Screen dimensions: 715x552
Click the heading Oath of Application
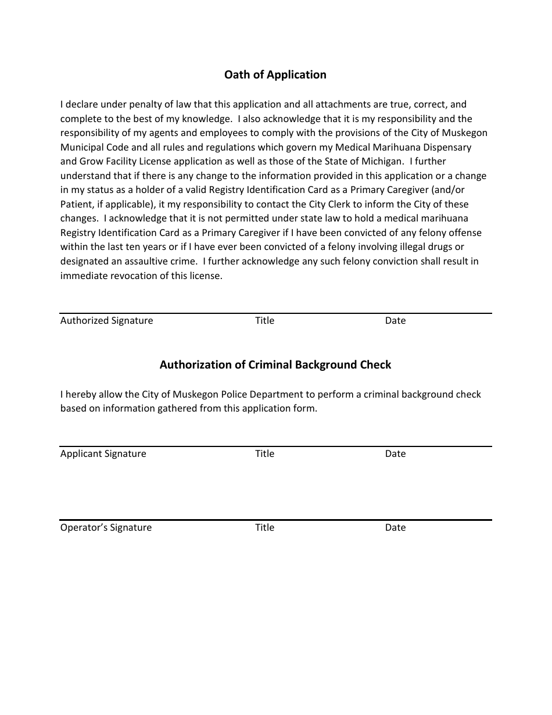click(275, 75)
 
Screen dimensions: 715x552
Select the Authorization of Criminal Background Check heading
click(275, 365)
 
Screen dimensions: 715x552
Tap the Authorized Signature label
click(106, 321)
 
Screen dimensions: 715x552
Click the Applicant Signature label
click(103, 454)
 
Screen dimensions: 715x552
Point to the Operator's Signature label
click(106, 528)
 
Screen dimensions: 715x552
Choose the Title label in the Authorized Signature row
click(264, 321)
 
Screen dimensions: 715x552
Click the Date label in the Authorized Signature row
click(395, 321)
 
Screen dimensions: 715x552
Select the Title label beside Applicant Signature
click(264, 454)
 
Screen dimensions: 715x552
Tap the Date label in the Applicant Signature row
click(395, 454)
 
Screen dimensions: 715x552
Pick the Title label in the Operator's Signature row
click(264, 528)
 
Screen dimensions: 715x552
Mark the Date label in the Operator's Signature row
click(395, 528)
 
